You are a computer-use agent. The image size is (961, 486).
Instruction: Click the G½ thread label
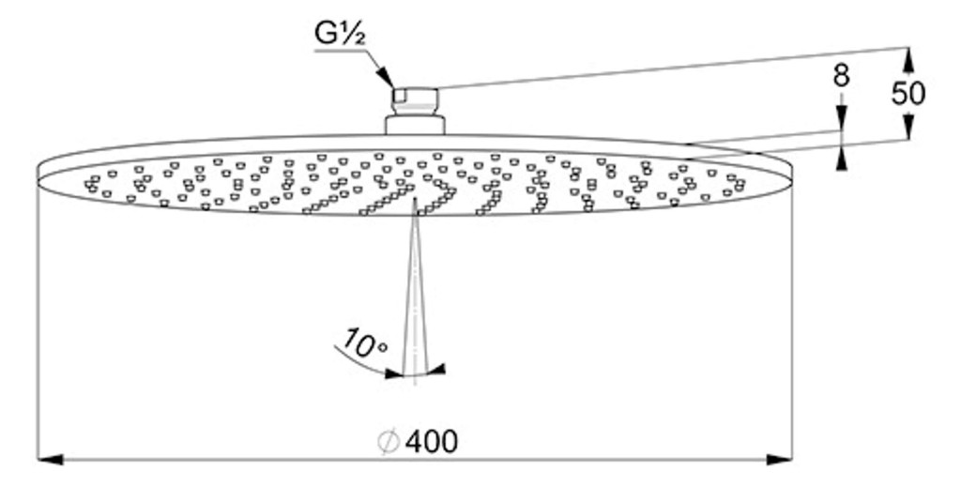pyautogui.click(x=340, y=34)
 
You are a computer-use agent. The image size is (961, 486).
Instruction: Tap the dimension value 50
pyautogui.click(x=908, y=93)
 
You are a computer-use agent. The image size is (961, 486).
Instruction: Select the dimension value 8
pyautogui.click(x=842, y=76)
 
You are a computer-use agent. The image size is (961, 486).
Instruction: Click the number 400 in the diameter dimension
pyautogui.click(x=431, y=441)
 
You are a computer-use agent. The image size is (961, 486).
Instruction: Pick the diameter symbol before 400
pyautogui.click(x=389, y=442)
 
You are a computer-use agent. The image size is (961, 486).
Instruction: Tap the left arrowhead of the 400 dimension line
pyautogui.click(x=51, y=459)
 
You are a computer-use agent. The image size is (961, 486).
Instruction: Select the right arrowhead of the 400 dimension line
pyautogui.click(x=779, y=459)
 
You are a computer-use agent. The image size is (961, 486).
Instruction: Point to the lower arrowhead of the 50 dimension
pyautogui.click(x=908, y=129)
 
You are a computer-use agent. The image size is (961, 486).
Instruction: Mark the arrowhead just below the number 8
pyautogui.click(x=842, y=117)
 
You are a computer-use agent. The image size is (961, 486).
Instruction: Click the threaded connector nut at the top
pyautogui.click(x=415, y=101)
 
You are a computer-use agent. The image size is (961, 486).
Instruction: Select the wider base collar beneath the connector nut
pyautogui.click(x=415, y=125)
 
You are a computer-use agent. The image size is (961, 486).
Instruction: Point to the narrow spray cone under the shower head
pyautogui.click(x=415, y=288)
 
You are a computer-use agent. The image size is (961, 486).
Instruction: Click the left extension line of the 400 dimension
pyautogui.click(x=38, y=319)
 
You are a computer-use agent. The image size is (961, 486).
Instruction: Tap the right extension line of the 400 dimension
pyautogui.click(x=792, y=319)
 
